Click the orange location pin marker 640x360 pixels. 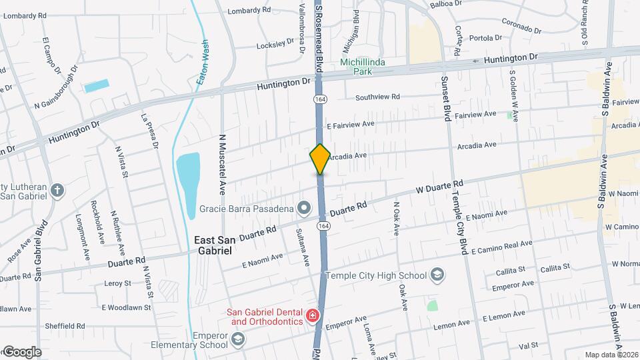[x=320, y=159]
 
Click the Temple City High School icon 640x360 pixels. [x=437, y=275]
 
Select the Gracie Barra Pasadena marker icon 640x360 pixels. [x=304, y=209]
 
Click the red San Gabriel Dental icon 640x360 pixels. [x=311, y=315]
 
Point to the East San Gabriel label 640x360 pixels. [x=213, y=245]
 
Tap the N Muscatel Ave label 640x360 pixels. [x=223, y=164]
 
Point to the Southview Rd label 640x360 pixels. [x=377, y=97]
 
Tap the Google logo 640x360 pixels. [x=21, y=352]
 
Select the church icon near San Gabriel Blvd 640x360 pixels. [x=58, y=190]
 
